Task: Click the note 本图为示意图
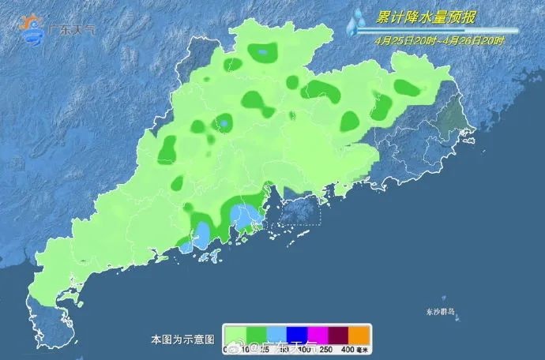point(182,339)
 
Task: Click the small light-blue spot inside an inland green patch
point(224,123)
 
